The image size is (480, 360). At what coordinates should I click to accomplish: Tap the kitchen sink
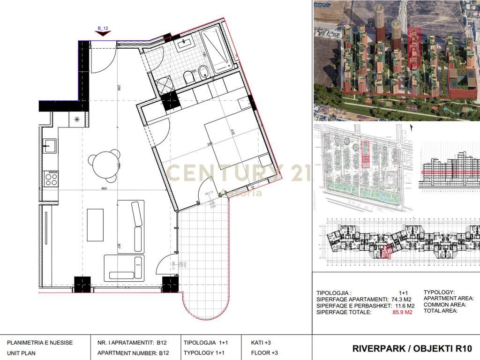[x=49, y=146]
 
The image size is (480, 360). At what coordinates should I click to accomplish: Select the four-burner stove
[x=51, y=178]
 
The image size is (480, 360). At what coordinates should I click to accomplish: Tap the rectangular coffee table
[x=95, y=225]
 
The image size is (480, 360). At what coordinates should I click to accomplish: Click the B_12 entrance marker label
[x=103, y=29]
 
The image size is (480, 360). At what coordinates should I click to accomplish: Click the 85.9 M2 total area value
[x=402, y=312]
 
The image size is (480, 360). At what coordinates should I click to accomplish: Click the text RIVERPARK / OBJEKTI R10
[x=412, y=348]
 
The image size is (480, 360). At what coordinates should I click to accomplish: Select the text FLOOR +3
[x=264, y=353]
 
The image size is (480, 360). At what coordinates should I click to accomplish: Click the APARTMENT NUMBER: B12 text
[x=131, y=353]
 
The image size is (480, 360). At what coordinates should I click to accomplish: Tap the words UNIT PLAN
[x=21, y=353]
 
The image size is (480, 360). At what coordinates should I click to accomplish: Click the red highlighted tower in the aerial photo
[x=414, y=47]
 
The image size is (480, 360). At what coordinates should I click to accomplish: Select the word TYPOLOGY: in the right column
[x=439, y=292]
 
